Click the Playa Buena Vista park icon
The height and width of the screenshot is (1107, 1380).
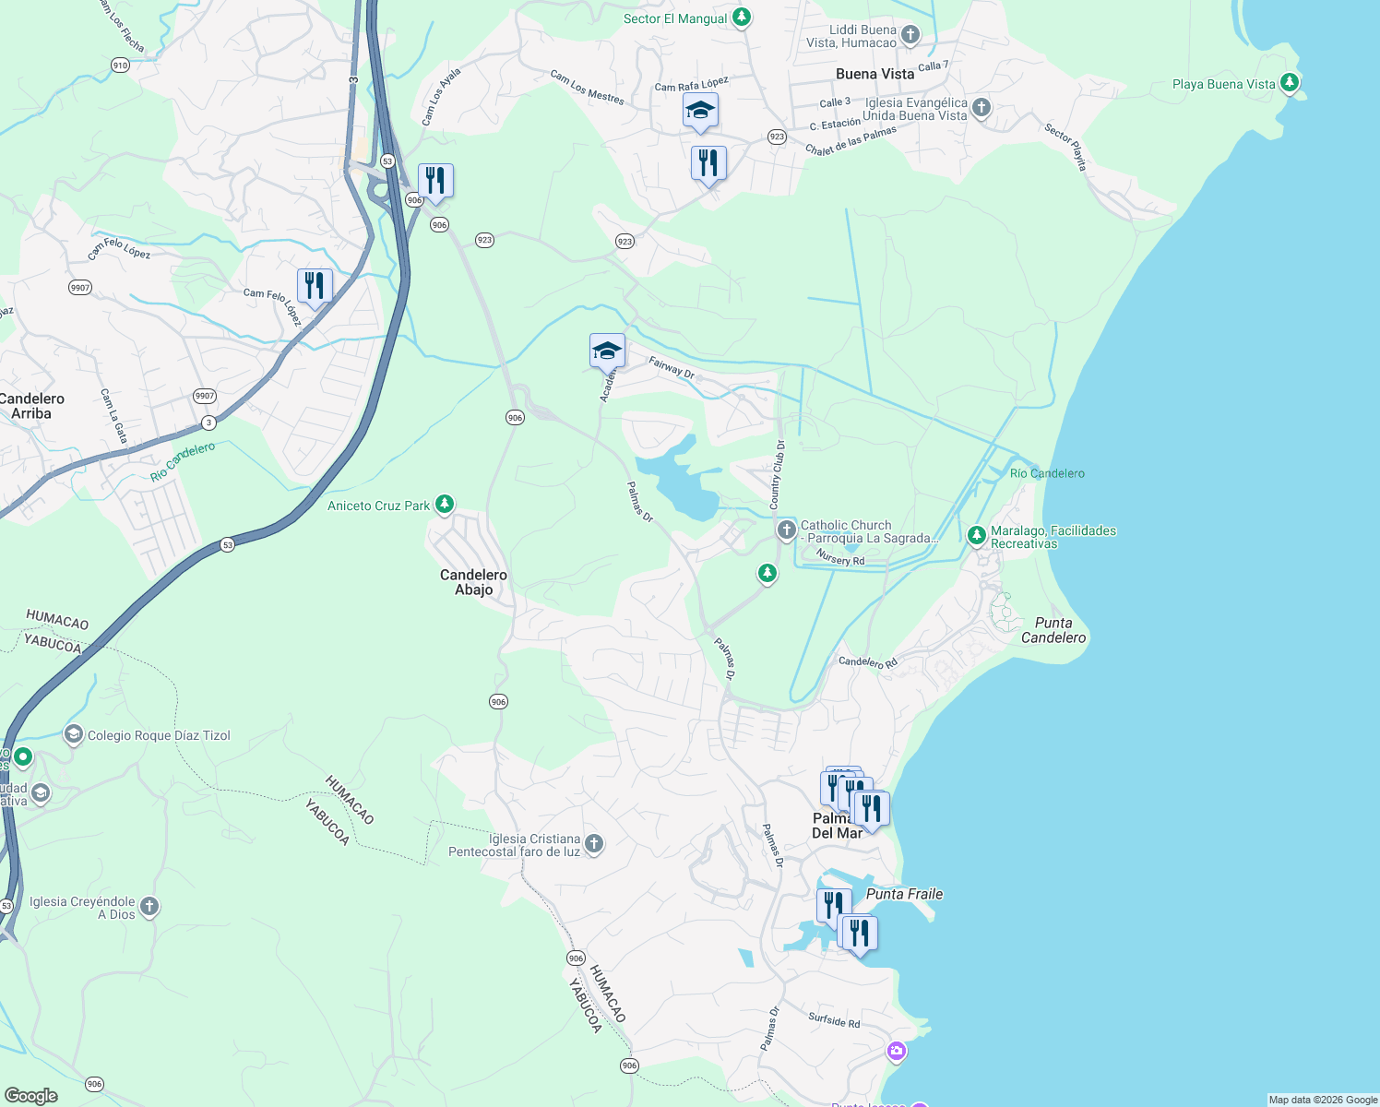(1290, 83)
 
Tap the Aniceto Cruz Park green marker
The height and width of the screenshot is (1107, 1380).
(445, 504)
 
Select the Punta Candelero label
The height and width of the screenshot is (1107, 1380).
(1053, 630)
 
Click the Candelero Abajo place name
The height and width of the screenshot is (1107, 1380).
(473, 582)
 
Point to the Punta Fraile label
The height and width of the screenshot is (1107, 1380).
(904, 894)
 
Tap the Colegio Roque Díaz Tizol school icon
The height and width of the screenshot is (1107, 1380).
(73, 734)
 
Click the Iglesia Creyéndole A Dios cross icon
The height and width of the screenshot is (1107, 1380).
(149, 907)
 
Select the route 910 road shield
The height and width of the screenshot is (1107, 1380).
(120, 65)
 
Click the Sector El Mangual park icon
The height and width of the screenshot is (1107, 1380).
(741, 18)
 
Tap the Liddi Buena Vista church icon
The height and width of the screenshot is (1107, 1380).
(910, 35)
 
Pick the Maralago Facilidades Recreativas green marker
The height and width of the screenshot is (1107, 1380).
(976, 535)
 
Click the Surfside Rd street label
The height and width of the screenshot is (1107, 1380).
(834, 1020)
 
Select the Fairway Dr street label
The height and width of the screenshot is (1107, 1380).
(672, 366)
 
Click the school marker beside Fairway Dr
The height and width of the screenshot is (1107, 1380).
(607, 351)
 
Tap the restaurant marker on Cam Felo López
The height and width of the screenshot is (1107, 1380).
(315, 286)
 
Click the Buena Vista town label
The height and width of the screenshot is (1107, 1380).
(874, 74)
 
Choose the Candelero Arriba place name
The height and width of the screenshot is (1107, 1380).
(32, 406)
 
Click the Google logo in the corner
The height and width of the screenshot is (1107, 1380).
(30, 1096)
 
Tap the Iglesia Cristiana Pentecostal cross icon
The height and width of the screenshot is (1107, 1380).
(594, 843)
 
